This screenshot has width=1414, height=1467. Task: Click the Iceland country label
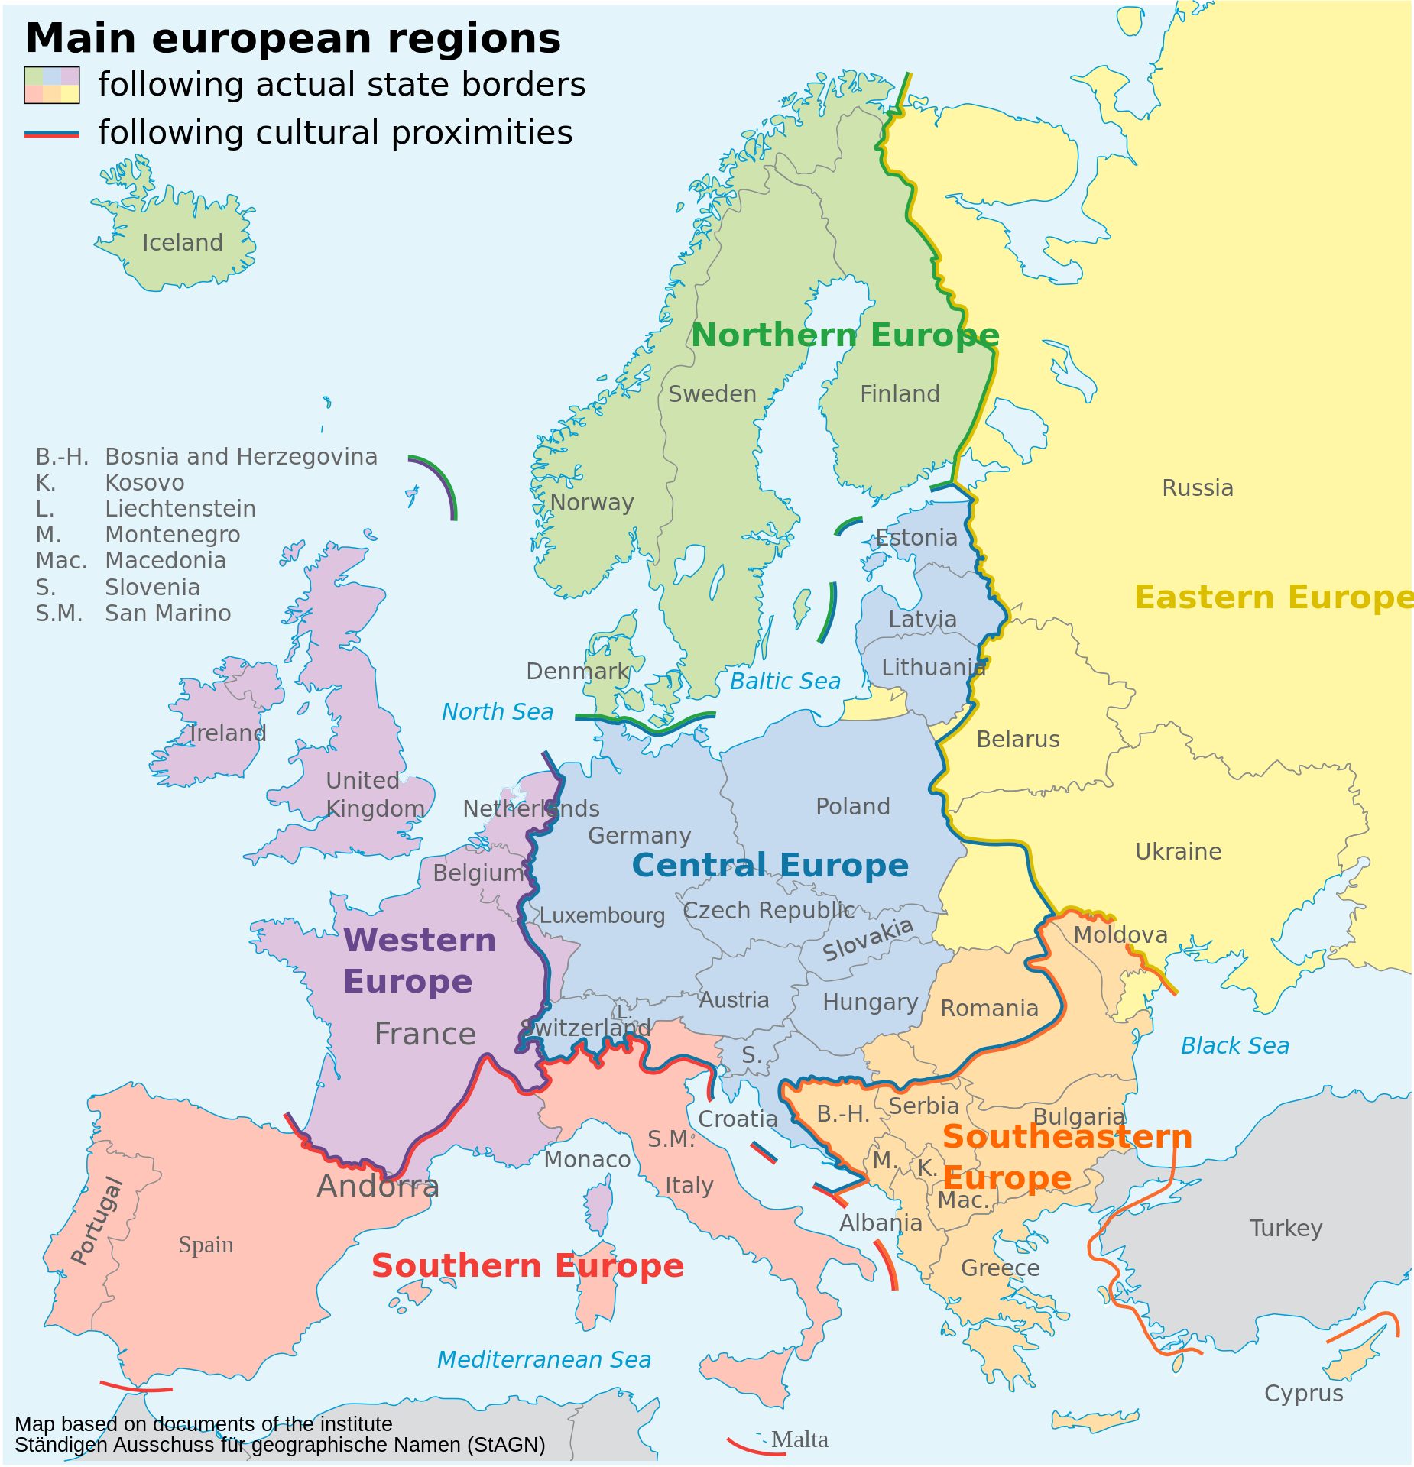pos(183,243)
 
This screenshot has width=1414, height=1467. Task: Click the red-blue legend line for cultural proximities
pos(51,134)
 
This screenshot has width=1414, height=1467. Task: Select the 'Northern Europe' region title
pos(845,335)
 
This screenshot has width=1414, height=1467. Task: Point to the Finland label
pos(900,394)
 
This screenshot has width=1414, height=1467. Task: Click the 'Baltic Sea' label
pos(785,682)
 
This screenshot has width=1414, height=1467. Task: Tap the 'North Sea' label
pos(498,712)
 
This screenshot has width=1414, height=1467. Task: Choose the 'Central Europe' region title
pos(770,866)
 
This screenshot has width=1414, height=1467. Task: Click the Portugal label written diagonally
pos(97,1221)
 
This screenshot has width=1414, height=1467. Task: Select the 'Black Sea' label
pos(1234,1046)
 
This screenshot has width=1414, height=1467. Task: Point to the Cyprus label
pos(1303,1394)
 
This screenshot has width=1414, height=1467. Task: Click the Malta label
pos(799,1440)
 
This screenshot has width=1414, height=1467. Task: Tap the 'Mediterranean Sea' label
pos(543,1360)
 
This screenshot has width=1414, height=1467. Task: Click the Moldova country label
pos(1120,935)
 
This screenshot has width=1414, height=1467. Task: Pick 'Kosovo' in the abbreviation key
pos(144,483)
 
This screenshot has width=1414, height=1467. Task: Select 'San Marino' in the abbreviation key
pos(167,614)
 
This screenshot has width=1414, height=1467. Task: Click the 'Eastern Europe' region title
pos(1273,597)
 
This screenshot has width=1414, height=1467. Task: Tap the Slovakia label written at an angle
pos(868,940)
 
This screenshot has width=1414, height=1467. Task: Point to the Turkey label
pos(1286,1229)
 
